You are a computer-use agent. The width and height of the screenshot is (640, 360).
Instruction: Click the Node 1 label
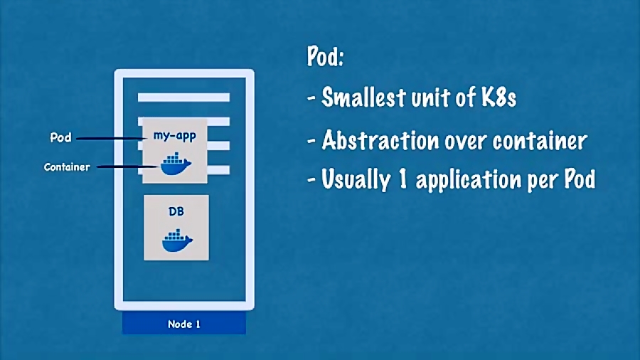pos(184,324)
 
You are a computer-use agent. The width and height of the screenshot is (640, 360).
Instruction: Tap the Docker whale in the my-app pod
pos(176,164)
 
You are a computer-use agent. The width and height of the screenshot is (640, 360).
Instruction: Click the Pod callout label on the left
pos(60,137)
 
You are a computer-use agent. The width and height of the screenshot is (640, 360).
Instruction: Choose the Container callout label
pos(67,167)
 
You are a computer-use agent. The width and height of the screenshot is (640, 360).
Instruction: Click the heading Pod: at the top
pos(325,58)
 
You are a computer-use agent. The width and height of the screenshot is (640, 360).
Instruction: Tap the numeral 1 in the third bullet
pos(402,179)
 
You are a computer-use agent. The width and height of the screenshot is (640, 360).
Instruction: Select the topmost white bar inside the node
pos(183,97)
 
